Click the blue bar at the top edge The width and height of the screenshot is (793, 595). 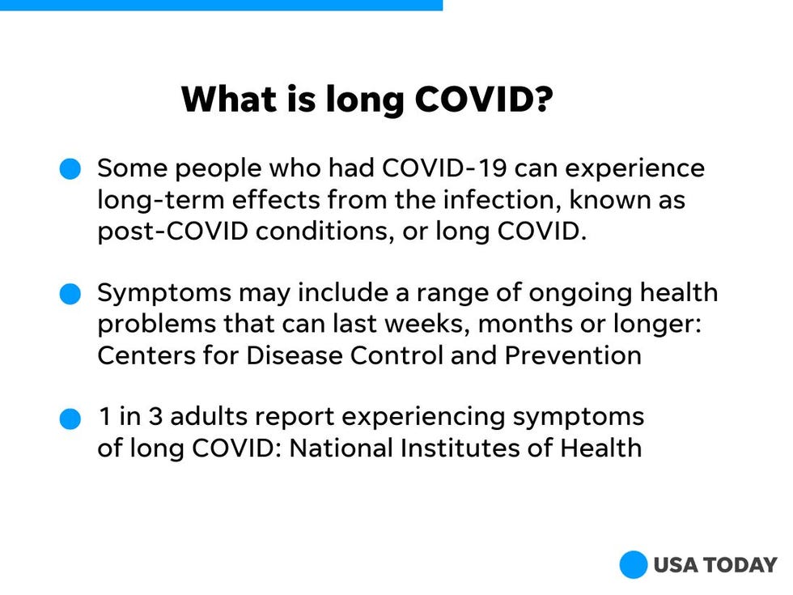tap(221, 5)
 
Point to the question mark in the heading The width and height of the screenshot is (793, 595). tap(543, 99)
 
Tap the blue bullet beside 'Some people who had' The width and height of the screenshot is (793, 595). tap(70, 168)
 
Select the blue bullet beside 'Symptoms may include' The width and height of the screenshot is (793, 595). tap(70, 294)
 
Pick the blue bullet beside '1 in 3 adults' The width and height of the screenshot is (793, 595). tap(70, 419)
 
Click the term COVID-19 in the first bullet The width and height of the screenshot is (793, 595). tap(444, 168)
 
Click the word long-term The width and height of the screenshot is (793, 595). tap(160, 201)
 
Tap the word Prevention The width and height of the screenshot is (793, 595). tap(573, 355)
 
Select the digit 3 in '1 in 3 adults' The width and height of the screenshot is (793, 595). tap(155, 418)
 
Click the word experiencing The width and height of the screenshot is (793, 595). tap(423, 419)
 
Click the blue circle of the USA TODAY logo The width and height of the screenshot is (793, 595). tap(633, 565)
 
